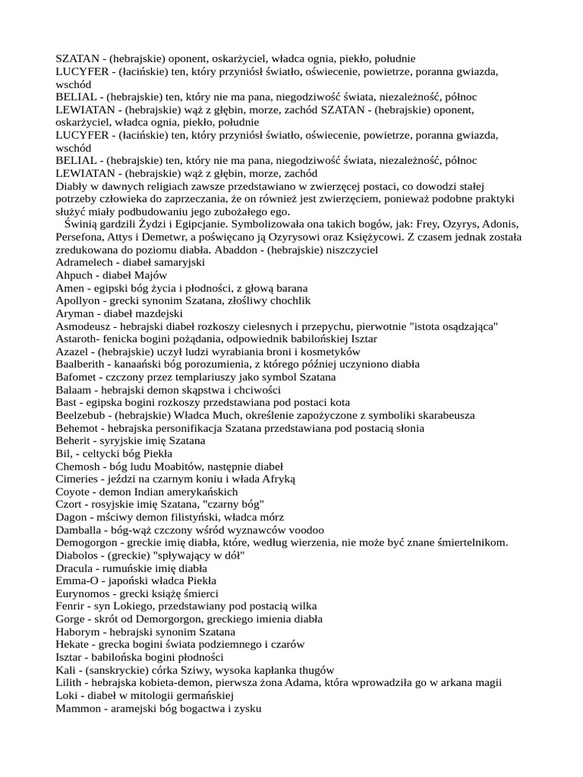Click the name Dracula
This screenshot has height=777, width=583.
tap(77, 568)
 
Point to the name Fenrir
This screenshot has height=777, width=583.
tap(71, 606)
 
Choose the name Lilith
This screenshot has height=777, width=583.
tap(70, 683)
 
